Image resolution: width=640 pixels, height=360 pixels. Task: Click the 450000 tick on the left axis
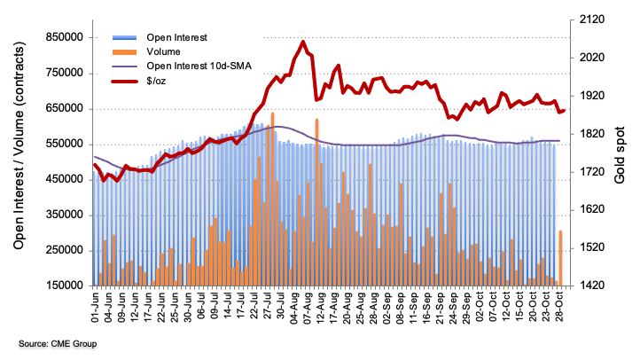[59, 179]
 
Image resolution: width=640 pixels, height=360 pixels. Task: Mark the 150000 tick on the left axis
[59, 286]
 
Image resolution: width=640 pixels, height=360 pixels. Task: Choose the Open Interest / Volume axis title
[18, 160]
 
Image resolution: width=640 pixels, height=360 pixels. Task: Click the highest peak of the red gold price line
[303, 42]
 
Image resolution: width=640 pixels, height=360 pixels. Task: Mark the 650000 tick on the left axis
[59, 108]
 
